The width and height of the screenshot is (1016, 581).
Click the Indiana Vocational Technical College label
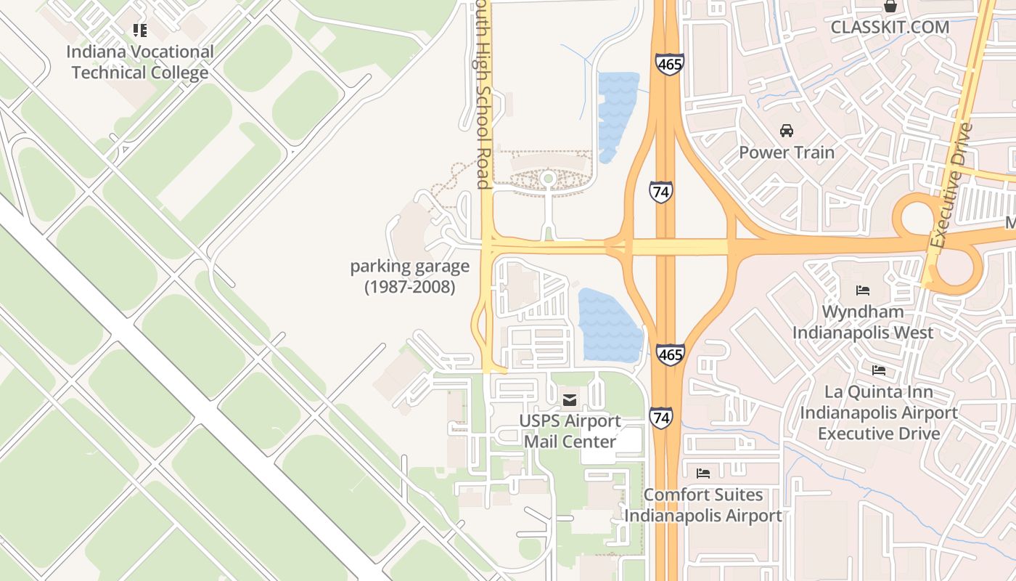click(x=140, y=62)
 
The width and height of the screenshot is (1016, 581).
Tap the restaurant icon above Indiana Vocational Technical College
click(x=140, y=31)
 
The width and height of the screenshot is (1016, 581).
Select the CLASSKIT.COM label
click(x=890, y=28)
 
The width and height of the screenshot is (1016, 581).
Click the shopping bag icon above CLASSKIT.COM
click(x=890, y=7)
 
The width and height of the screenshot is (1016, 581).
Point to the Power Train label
click(x=787, y=153)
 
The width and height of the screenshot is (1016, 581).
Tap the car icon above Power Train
click(x=787, y=131)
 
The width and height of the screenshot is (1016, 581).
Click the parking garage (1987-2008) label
click(x=410, y=277)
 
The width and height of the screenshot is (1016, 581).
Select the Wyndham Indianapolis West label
click(x=863, y=322)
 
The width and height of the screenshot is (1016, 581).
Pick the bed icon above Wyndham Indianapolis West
click(x=863, y=290)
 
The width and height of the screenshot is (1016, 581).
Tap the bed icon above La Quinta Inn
click(x=879, y=370)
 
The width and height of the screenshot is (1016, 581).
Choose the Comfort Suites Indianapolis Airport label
click(x=703, y=505)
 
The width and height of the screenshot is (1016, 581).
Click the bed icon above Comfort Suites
click(x=703, y=474)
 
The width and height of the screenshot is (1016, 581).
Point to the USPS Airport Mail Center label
click(x=570, y=431)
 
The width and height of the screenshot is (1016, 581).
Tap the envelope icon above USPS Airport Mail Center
click(x=570, y=399)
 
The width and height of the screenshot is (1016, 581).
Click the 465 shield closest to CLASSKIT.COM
click(x=669, y=64)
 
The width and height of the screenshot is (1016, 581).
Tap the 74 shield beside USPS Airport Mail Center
click(x=660, y=418)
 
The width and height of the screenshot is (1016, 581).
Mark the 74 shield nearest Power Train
click(x=660, y=192)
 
